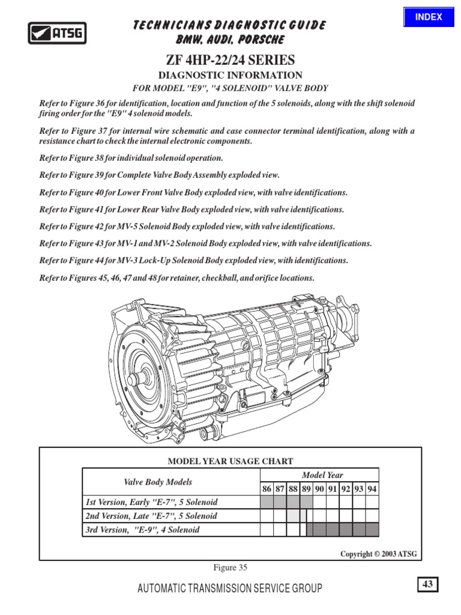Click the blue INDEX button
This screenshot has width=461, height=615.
(429, 17)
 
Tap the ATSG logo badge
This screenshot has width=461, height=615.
(58, 32)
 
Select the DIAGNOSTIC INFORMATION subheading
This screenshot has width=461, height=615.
(230, 75)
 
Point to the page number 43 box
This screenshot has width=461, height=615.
(427, 584)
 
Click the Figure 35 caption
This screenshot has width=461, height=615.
(230, 568)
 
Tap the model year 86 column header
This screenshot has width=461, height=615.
(267, 489)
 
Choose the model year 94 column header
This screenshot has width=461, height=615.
(372, 489)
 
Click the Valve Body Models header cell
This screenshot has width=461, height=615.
(158, 482)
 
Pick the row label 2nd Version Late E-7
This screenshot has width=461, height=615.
(151, 516)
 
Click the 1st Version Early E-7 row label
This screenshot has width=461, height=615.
(151, 502)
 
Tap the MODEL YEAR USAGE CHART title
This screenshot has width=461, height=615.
(230, 461)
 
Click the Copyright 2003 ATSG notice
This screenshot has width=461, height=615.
(378, 554)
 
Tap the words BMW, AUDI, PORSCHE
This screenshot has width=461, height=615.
(230, 40)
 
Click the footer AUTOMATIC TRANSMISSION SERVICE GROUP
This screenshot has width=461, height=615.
(230, 589)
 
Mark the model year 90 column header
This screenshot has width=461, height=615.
(320, 489)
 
